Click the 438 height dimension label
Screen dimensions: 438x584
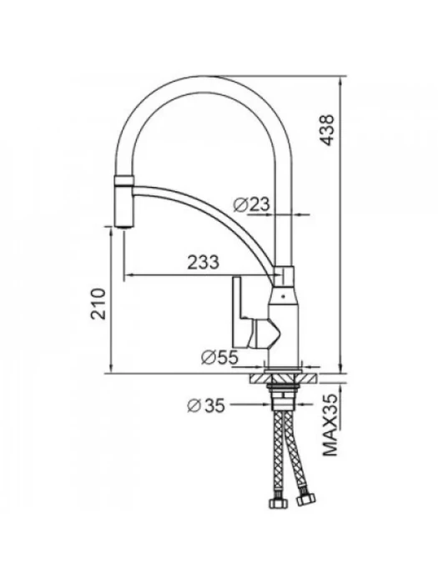coord(328,130)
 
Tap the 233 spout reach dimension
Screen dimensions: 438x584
coord(203,262)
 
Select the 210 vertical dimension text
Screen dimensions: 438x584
coord(99,304)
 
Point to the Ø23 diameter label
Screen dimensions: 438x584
coord(251,204)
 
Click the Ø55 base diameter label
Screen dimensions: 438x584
coord(219,358)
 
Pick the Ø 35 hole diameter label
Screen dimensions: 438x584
coord(206,405)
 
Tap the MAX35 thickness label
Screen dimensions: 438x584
coord(330,425)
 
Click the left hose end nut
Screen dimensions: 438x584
coord(278,504)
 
